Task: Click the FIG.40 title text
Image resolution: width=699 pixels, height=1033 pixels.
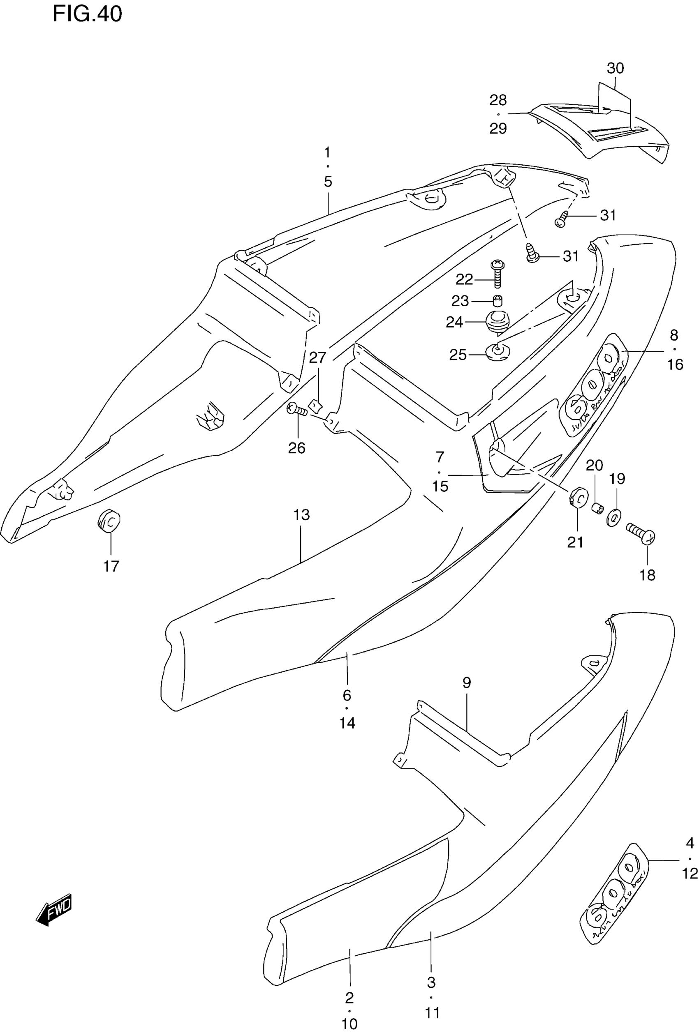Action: pos(87,14)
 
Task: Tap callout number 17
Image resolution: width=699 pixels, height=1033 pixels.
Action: pos(111,566)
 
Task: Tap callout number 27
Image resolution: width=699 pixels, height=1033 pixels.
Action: pos(317,357)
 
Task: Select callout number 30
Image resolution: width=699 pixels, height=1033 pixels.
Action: pos(616,68)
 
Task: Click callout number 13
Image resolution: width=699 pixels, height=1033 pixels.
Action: pos(301,515)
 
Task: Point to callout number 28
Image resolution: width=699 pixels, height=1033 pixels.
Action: pos(498,100)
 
